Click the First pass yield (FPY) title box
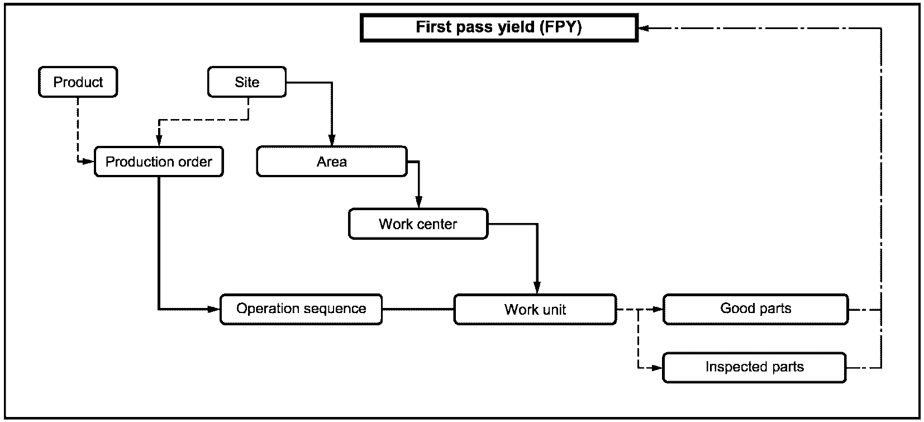pos(499,27)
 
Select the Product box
pos(78,82)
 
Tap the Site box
pos(247,82)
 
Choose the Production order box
pos(159,162)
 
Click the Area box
pos(332,162)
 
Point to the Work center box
pos(418,224)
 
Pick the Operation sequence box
pos(301,309)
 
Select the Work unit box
pos(535,309)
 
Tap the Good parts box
pos(756,309)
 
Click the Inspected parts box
pos(755,367)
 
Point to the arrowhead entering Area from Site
pos(332,140)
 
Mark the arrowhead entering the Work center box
pos(418,202)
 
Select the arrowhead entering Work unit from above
pos(537,288)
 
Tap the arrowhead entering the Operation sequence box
pos(214,309)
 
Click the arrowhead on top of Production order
pos(159,140)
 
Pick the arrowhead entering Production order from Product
pos(89,162)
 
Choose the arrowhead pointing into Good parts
pos(657,309)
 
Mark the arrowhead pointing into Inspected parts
pos(657,367)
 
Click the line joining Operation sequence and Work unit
pos(418,309)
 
